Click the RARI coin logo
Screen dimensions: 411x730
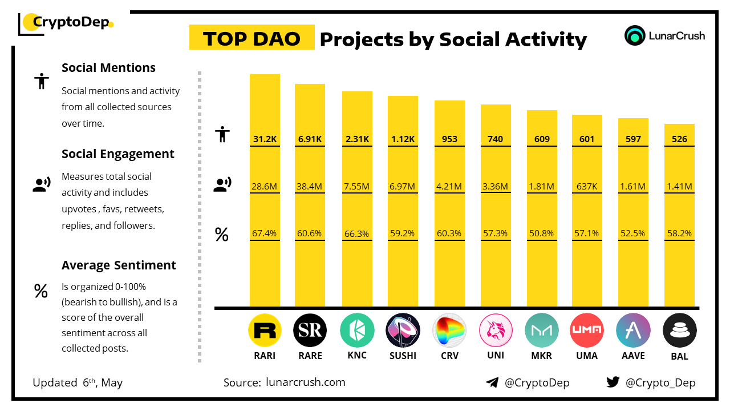[265, 331]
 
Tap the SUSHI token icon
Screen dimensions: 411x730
[403, 331]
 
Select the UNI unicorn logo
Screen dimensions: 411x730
[495, 331]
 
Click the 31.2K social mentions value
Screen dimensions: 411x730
[265, 139]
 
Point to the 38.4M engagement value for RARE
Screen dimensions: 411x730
[310, 186]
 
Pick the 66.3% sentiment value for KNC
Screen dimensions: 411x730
[357, 233]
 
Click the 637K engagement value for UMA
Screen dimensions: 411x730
[587, 186]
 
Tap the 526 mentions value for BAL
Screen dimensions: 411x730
[679, 139]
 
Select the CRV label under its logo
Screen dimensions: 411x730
[449, 356]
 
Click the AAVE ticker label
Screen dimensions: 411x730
[633, 356]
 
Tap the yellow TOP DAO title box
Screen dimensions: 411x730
[252, 38]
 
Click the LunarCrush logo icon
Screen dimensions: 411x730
[635, 35]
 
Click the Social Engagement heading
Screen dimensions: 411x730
[118, 154]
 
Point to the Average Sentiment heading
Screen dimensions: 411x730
[119, 265]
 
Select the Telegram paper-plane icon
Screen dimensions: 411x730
[492, 382]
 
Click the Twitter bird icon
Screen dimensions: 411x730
[613, 382]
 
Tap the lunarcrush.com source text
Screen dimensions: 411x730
[306, 382]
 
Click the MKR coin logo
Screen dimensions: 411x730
[541, 331]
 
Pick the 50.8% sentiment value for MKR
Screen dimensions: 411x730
[541, 233]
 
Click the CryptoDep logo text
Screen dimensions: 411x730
[71, 22]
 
